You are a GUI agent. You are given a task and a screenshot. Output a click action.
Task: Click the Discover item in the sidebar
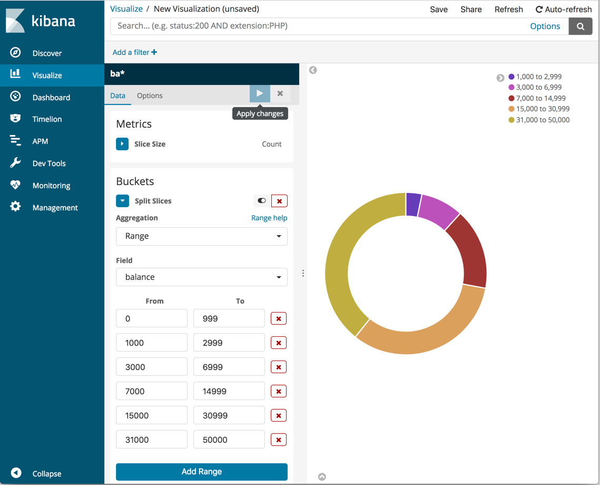click(46, 53)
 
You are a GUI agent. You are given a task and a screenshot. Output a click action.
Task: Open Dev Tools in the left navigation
click(48, 163)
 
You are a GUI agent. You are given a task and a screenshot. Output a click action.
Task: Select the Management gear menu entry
click(54, 208)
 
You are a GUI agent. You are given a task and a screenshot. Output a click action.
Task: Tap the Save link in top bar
click(438, 9)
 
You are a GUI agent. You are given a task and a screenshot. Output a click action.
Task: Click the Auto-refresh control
click(563, 9)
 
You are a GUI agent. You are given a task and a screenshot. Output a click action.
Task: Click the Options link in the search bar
click(545, 26)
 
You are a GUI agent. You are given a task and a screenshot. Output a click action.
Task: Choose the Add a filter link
click(134, 52)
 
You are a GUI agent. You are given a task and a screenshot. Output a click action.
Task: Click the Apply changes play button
click(260, 93)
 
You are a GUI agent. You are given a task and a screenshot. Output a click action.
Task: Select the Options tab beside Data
click(150, 95)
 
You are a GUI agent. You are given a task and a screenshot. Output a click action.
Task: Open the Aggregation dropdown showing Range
click(201, 236)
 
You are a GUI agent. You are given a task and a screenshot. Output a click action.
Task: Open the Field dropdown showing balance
click(201, 277)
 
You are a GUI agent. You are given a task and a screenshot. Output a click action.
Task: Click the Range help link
click(269, 218)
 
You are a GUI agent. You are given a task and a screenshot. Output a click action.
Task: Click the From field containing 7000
click(151, 391)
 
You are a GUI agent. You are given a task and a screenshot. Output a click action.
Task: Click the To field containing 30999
click(229, 415)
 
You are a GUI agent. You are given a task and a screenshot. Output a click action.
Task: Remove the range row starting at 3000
click(278, 367)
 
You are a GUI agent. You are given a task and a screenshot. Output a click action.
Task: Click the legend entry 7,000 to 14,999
click(540, 98)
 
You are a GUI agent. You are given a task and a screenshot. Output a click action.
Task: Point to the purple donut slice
click(413, 205)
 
